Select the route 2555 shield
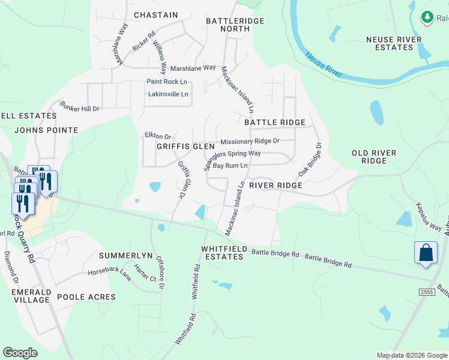tap(427, 291)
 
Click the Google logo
tap(20, 353)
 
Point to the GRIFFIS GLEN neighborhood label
tap(185, 146)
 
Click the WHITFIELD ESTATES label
tap(223, 253)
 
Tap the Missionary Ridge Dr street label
tap(250, 142)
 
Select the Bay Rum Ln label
tap(231, 165)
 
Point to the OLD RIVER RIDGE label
tap(374, 157)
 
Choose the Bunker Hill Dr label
tap(79, 107)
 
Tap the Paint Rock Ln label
tap(167, 82)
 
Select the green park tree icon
tap(427, 17)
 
